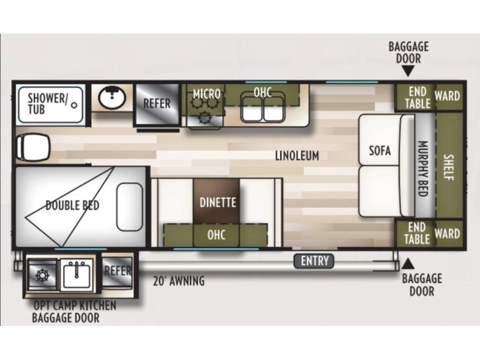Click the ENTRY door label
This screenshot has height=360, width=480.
(x=314, y=261)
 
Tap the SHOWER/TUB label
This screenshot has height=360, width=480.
(x=47, y=104)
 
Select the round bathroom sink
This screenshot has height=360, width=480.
(x=112, y=97)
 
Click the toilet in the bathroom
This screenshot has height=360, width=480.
(x=33, y=148)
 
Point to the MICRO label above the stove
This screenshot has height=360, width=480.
(x=206, y=94)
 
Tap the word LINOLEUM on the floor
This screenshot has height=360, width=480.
(x=297, y=156)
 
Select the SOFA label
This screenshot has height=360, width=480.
(x=380, y=151)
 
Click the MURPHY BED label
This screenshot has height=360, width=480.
(x=423, y=168)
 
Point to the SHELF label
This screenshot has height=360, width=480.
(x=449, y=167)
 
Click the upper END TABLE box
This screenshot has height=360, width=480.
(x=415, y=97)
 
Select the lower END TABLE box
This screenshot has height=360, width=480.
(x=415, y=233)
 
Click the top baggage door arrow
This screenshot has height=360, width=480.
(x=408, y=72)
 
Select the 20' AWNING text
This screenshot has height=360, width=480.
(x=179, y=281)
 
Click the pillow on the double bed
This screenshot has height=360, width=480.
(x=130, y=206)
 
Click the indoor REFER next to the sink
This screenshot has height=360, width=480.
(x=156, y=104)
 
